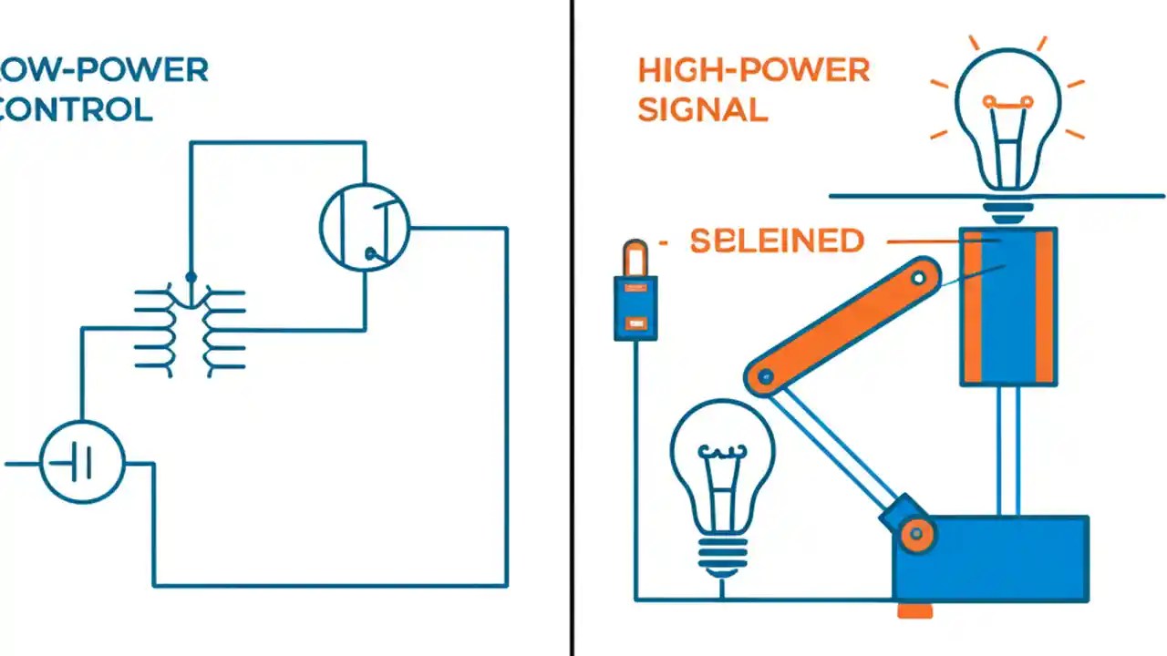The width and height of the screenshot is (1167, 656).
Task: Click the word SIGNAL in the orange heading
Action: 702,109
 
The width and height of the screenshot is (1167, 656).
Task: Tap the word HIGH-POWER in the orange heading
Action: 754,70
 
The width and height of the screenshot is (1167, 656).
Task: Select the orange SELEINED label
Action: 777,241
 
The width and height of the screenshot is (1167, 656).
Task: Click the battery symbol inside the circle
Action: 82,465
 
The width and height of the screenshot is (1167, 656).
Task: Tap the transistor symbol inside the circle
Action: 365,226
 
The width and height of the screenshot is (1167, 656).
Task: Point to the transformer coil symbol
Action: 190,330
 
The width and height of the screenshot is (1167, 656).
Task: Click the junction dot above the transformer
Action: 191,276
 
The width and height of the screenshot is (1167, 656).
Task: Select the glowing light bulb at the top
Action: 1007,118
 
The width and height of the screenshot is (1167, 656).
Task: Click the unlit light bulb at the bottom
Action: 722,483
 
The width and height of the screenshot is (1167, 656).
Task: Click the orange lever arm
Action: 843,325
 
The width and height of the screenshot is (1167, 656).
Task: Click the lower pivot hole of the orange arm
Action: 766,375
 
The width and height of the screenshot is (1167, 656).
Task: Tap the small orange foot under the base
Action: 914,610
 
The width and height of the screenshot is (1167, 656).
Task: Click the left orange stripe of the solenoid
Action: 972,305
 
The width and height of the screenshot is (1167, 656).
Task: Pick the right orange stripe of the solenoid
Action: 1045,305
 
